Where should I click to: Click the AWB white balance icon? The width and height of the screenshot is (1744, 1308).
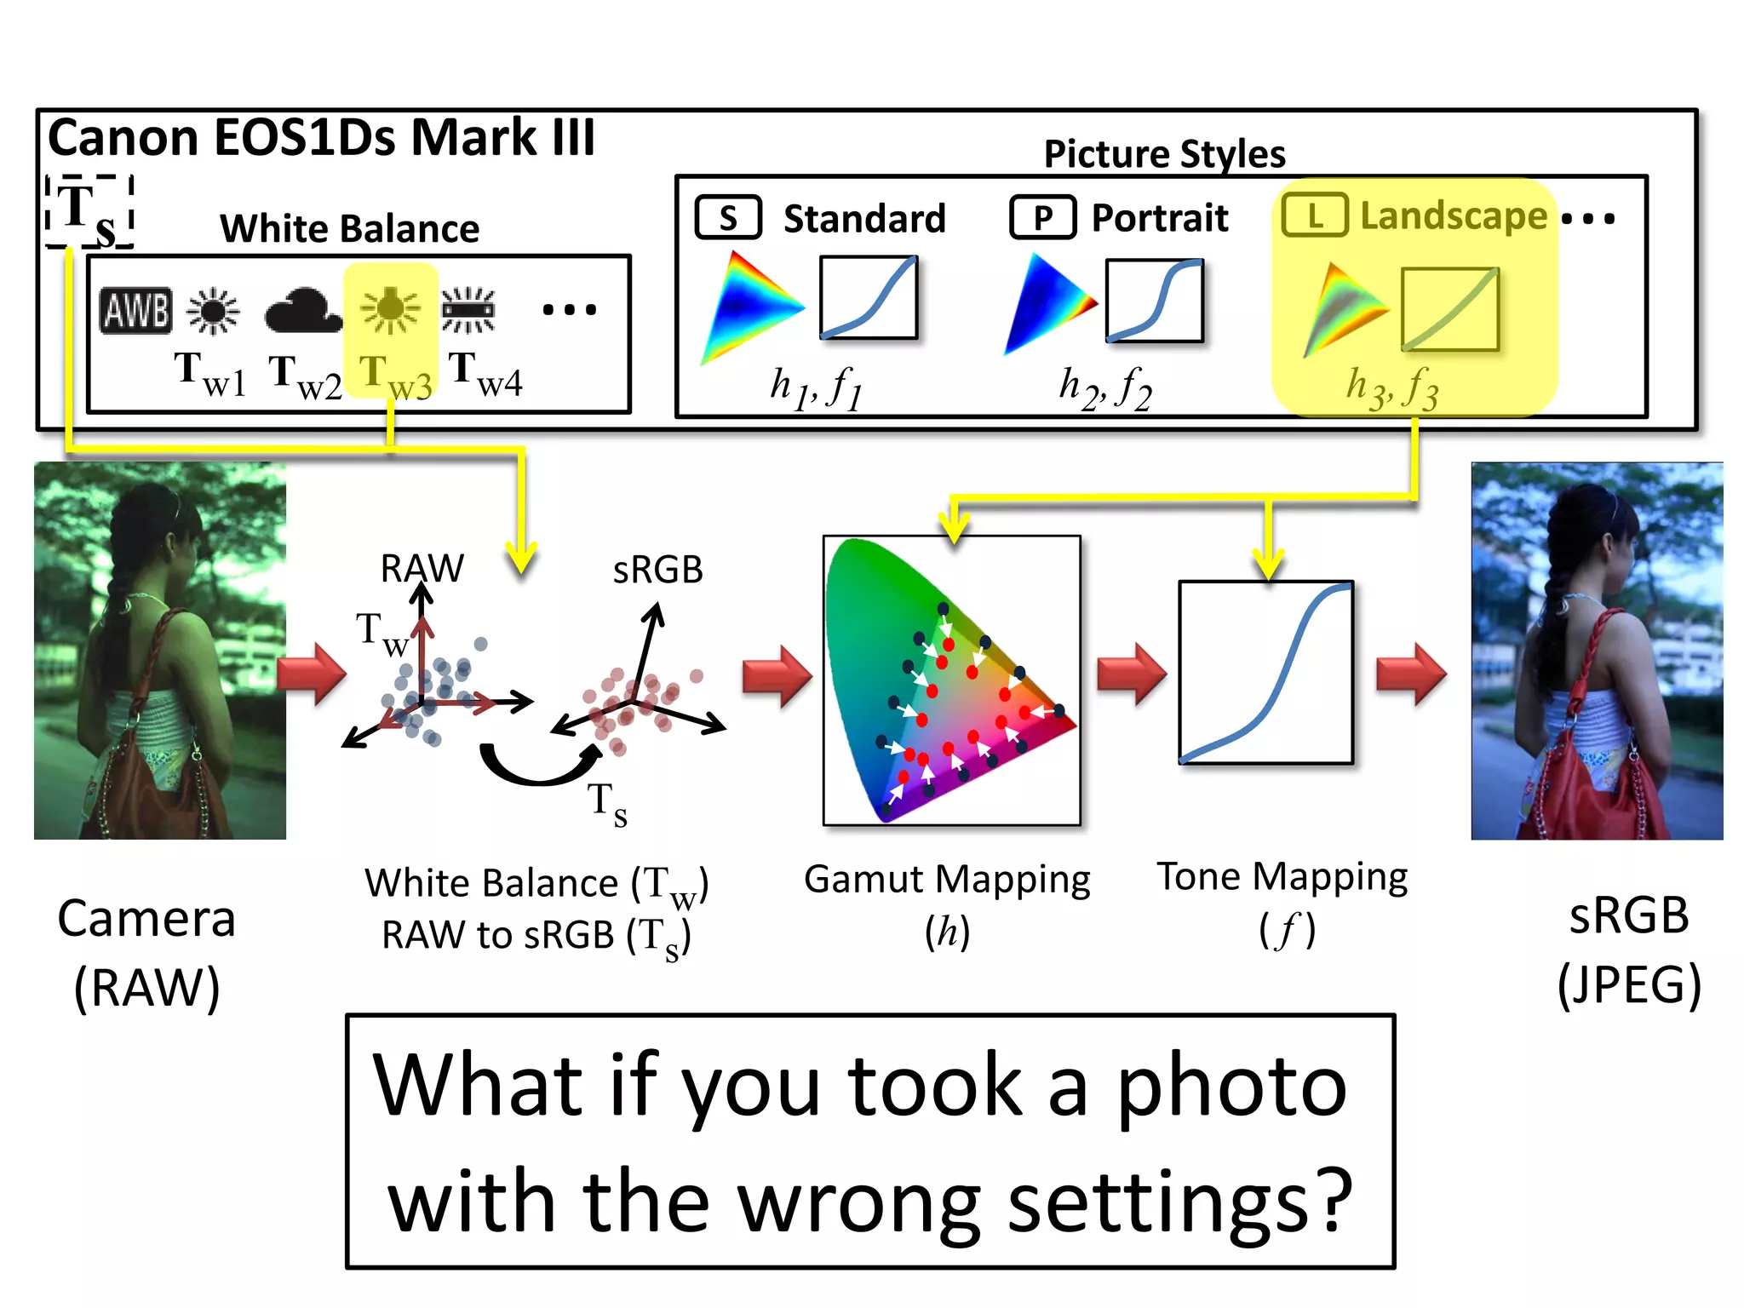136,309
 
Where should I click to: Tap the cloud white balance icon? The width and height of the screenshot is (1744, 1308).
303,312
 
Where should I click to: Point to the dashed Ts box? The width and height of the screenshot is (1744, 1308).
89,211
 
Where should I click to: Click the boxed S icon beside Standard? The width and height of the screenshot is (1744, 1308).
728,218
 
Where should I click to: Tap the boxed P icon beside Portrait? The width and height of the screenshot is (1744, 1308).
1042,218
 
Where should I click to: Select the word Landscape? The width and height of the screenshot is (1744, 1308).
1453,215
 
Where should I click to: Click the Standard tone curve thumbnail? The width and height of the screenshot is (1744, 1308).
869,297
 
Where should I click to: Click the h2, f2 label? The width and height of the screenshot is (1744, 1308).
1104,388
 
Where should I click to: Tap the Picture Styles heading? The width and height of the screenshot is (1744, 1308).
1164,154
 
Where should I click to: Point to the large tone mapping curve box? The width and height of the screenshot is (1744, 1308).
1265,672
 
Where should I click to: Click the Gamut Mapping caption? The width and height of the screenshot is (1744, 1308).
947,879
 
